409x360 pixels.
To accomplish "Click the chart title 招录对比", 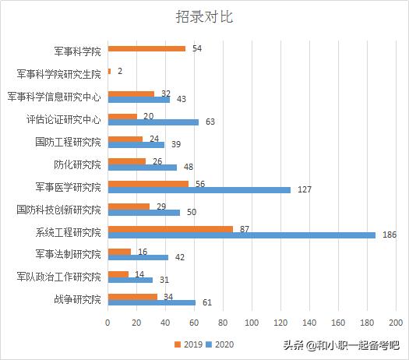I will tap(204, 17).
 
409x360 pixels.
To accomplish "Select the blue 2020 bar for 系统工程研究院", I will tap(242, 235).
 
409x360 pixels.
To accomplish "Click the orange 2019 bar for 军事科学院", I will tap(146, 48).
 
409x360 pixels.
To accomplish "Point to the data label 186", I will tap(390, 235).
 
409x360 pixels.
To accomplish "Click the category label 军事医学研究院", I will tap(69, 187).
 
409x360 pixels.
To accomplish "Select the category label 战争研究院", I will tap(77, 299).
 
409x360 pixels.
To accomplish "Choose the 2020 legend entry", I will tap(219, 343).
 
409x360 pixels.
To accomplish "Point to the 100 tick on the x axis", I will tap(252, 321).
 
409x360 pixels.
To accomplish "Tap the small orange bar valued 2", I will tap(109, 71).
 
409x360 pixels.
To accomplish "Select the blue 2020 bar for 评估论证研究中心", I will tap(153, 122).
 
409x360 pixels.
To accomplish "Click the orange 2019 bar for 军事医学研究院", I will tap(148, 184).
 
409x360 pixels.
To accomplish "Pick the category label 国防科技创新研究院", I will tap(59, 210).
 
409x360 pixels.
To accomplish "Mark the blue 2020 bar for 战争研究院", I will tap(152, 302).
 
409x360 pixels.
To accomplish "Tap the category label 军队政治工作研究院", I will tap(59, 277).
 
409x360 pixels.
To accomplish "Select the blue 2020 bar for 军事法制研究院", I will tap(138, 257).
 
